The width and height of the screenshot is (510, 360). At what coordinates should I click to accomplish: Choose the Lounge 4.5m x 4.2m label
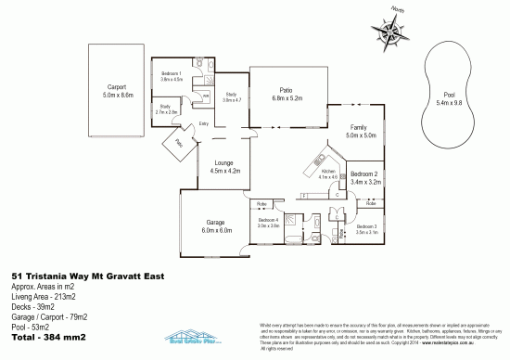(225, 167)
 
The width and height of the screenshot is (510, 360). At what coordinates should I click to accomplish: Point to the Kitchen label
(327, 174)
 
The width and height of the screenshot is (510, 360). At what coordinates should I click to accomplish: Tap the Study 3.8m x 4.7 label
(231, 96)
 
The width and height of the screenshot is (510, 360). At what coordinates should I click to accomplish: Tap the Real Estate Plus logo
(193, 338)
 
